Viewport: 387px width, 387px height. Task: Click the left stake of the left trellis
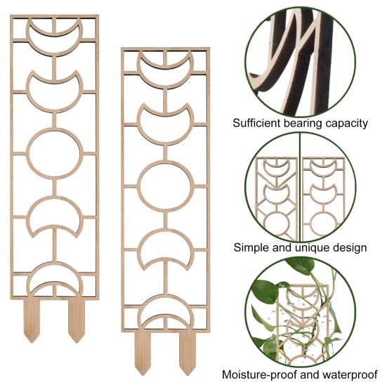32,320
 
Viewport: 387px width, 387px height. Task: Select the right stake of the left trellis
77,320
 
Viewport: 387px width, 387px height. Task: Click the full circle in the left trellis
28,154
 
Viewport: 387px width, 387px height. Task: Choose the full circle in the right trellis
139,186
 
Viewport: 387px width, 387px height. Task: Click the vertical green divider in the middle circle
300,187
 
